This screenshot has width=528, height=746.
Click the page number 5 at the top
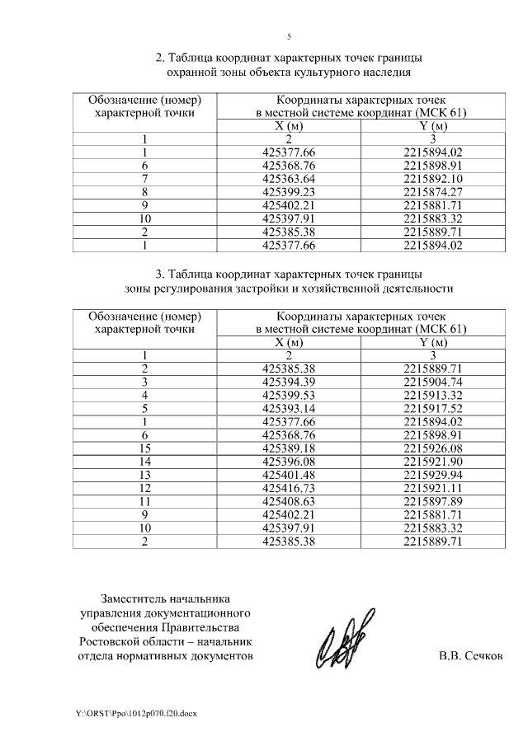(289, 37)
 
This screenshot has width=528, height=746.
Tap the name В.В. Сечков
(469, 657)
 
